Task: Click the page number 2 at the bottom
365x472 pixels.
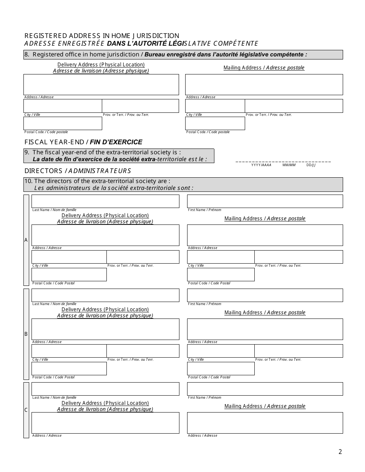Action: coord(340,452)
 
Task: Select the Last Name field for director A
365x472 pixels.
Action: coord(105,201)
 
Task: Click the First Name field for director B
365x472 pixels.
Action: coord(265,295)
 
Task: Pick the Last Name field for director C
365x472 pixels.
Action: coord(105,389)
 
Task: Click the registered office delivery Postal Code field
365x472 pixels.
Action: coord(63,123)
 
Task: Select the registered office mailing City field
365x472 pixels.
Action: coord(215,106)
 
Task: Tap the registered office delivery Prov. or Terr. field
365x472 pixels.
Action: coord(140,106)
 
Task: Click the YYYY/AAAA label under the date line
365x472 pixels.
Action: coord(261,165)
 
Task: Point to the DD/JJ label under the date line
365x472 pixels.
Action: coord(311,165)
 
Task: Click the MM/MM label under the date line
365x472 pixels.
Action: coord(289,165)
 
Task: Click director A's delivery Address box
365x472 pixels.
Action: coord(105,235)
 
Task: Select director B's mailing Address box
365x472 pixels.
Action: coord(265,329)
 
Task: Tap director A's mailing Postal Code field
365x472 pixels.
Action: coord(221,274)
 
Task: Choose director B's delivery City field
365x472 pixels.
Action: coord(69,351)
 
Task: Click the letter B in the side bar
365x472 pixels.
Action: coord(26,334)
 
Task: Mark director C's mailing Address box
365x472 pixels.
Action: coord(265,422)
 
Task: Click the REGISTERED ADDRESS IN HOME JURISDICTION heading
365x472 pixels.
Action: coord(102,36)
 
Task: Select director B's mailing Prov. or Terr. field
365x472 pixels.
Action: coord(299,351)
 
